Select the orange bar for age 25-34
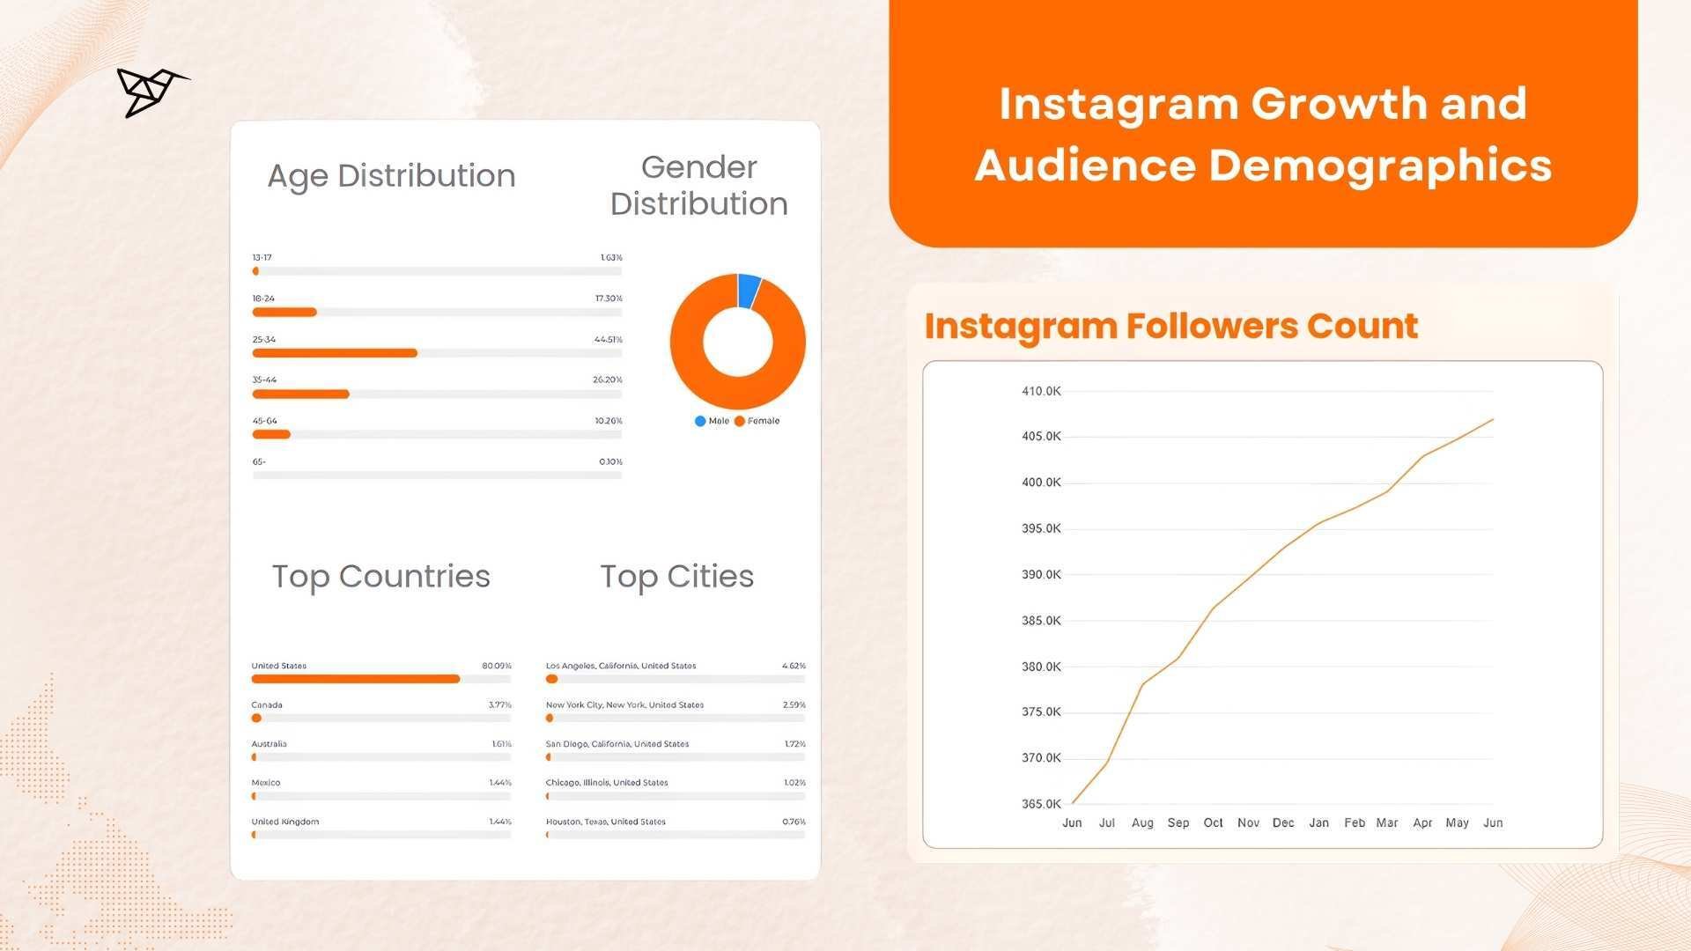click(x=335, y=353)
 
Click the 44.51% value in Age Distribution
click(x=608, y=339)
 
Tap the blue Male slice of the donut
click(x=749, y=291)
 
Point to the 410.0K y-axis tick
click(x=1041, y=391)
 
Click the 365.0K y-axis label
click(x=1041, y=804)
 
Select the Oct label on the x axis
click(x=1213, y=822)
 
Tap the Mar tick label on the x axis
click(x=1387, y=822)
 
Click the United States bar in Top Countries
click(x=356, y=679)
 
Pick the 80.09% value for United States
click(x=497, y=666)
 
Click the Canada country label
click(x=267, y=704)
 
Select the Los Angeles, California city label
click(x=621, y=666)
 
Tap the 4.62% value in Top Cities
click(x=794, y=666)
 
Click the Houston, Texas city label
click(x=606, y=822)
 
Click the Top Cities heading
click(x=676, y=577)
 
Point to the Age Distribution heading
click(x=391, y=176)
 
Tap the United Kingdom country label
click(x=285, y=822)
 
